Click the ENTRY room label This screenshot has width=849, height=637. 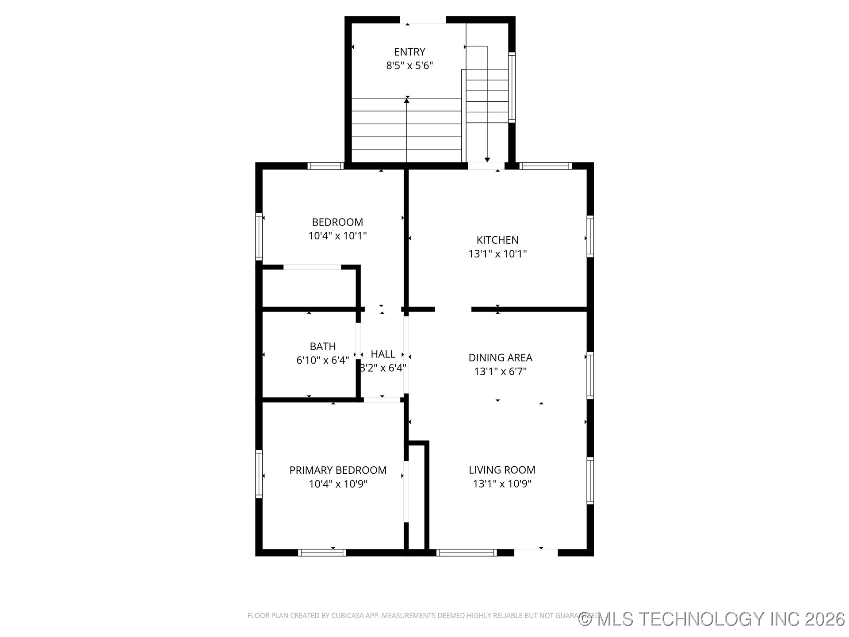coord(409,52)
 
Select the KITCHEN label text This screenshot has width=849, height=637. coord(497,240)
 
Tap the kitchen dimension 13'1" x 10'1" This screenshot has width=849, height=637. coord(497,254)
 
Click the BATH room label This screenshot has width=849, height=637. coord(322,346)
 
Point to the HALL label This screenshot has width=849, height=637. coord(383,354)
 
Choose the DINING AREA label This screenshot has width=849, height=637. coord(500,357)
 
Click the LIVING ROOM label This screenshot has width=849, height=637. coord(502,470)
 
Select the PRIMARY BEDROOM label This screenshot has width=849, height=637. coord(338,470)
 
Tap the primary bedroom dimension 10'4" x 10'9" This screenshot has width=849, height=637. coord(338,484)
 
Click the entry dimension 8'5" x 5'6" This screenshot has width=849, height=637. coord(409,66)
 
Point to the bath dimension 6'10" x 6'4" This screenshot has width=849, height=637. coord(322,361)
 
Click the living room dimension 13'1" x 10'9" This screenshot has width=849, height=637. coord(502,484)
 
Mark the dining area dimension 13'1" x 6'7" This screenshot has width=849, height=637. coord(500,372)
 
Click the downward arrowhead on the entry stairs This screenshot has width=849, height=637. coord(487,160)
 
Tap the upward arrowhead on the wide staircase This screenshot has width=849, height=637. coord(406,100)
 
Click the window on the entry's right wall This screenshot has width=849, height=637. coord(512,87)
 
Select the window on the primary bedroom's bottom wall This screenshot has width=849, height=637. coord(322,553)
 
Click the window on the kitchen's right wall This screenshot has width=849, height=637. coord(590,236)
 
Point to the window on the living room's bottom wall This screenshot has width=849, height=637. coord(467,553)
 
